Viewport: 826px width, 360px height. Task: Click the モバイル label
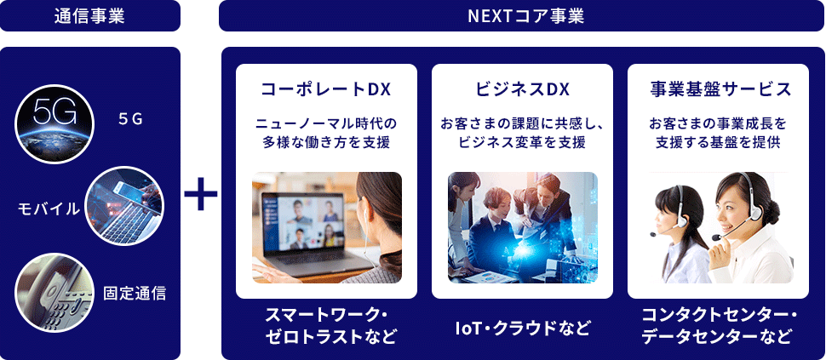49,209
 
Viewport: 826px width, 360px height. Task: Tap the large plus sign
201,194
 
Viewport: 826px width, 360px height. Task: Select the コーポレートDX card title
326,89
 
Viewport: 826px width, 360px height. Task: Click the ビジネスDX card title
522,89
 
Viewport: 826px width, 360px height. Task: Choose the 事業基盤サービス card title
720,89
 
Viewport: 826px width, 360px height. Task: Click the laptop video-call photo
327,227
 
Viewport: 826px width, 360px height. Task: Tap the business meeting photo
523,227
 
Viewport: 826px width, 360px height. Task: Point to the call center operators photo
720,227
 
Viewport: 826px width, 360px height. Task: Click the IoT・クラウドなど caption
523,328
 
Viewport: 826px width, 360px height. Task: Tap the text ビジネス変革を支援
522,142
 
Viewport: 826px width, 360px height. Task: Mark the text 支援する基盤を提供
720,142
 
